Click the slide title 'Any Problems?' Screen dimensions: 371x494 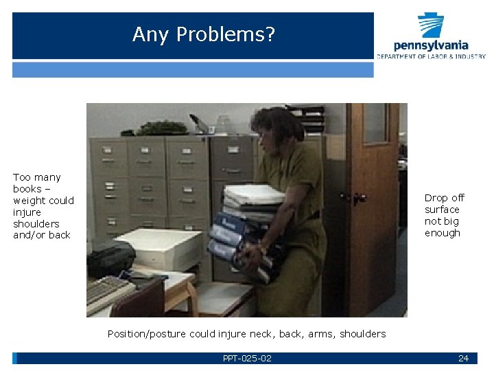click(203, 34)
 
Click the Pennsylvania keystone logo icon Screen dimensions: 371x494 click(431, 25)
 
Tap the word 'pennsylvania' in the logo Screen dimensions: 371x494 click(431, 45)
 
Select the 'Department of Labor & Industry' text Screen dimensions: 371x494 click(431, 56)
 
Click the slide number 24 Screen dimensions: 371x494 click(463, 358)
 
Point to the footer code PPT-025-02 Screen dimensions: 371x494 click(247, 358)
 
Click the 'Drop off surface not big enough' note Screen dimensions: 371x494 click(444, 215)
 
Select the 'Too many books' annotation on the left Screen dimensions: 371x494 click(43, 206)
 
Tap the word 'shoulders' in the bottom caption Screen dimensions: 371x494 click(362, 334)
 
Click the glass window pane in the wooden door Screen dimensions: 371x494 click(375, 123)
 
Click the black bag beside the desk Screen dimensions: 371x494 click(109, 258)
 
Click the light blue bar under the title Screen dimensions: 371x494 click(193, 69)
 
